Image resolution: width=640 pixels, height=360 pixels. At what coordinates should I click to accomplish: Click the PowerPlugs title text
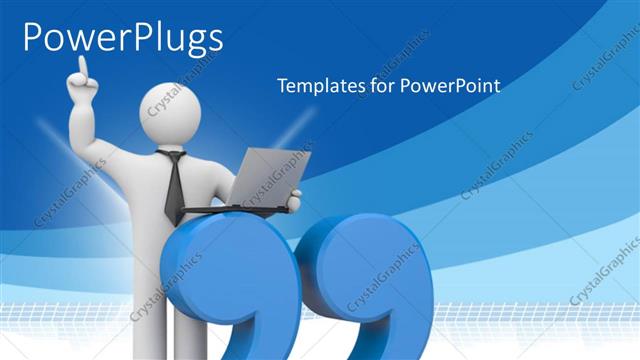122,38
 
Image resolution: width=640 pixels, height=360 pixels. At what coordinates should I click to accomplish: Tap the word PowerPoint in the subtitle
450,86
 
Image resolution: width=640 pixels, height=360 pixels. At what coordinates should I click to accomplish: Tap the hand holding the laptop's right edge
293,201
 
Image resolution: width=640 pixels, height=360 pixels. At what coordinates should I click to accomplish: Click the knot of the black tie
174,156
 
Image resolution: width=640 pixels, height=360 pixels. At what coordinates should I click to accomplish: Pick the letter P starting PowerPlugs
33,38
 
